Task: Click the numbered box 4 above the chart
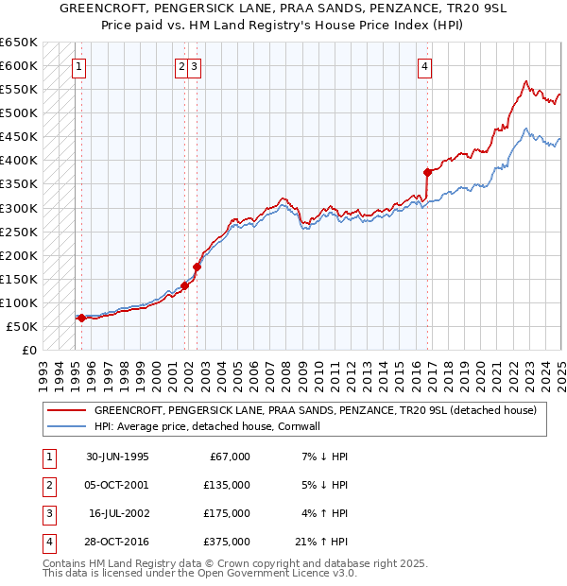click(425, 66)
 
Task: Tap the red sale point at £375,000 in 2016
click(427, 172)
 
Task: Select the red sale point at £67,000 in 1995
click(81, 318)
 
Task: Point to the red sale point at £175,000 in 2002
click(197, 267)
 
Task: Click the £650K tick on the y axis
click(19, 43)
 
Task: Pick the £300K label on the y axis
click(19, 208)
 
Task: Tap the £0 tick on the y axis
click(28, 350)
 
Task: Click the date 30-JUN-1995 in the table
click(117, 457)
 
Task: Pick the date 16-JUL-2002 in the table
click(118, 513)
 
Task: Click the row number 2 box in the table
click(48, 485)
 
